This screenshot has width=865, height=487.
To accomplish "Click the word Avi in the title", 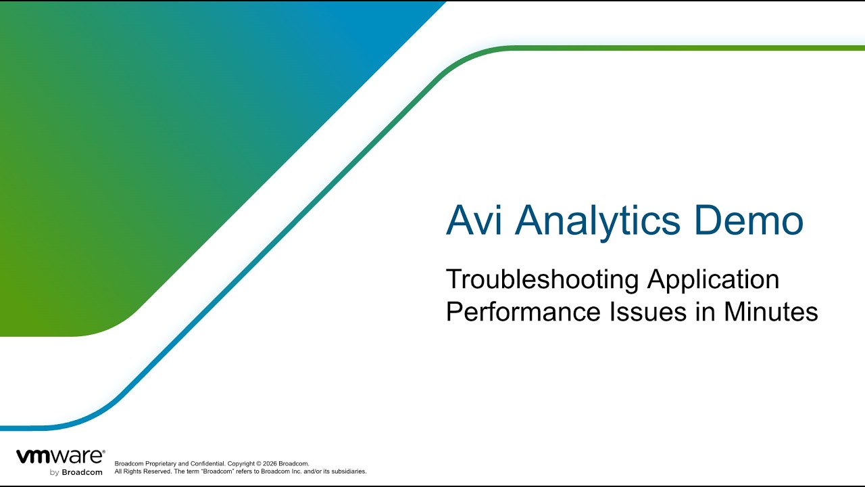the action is tap(474, 220).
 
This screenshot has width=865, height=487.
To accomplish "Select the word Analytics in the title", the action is tap(597, 223).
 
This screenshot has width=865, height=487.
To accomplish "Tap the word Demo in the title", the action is tap(749, 220).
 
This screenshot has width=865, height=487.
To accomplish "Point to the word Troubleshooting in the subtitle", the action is tap(542, 280).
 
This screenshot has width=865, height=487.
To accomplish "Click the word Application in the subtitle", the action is tap(714, 280).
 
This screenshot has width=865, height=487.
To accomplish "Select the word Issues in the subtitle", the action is tap(648, 312).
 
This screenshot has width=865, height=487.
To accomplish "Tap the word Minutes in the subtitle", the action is tap(771, 312).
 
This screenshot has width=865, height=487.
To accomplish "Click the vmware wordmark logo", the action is tap(59, 457).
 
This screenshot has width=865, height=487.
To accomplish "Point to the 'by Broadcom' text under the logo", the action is tap(76, 472).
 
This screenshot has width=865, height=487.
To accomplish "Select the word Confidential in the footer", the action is tap(207, 463).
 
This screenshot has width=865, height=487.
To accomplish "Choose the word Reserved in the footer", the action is tap(157, 471).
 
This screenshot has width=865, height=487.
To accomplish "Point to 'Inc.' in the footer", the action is tap(297, 471).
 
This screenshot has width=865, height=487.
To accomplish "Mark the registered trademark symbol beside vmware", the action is tap(103, 451).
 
